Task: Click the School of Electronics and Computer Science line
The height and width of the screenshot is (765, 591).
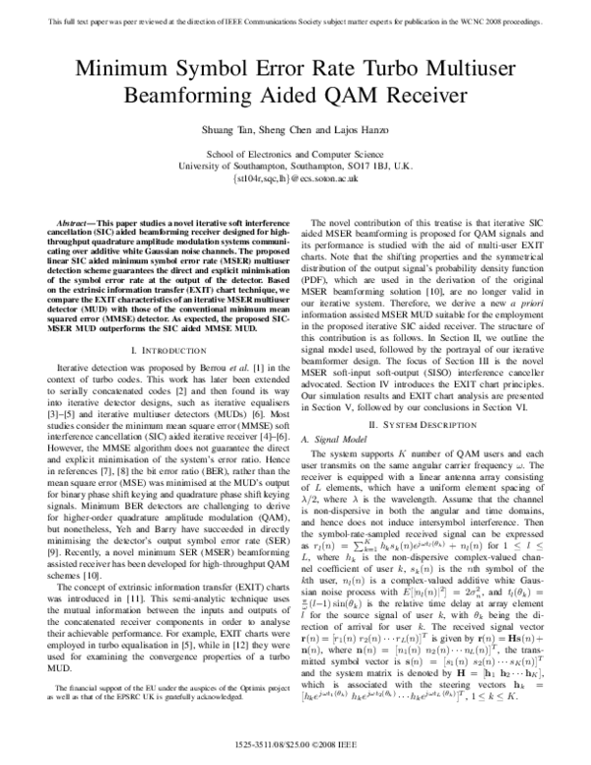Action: click(x=295, y=156)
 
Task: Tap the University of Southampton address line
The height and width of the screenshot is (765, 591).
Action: click(x=295, y=168)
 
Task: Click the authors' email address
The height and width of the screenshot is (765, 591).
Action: click(x=295, y=180)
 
